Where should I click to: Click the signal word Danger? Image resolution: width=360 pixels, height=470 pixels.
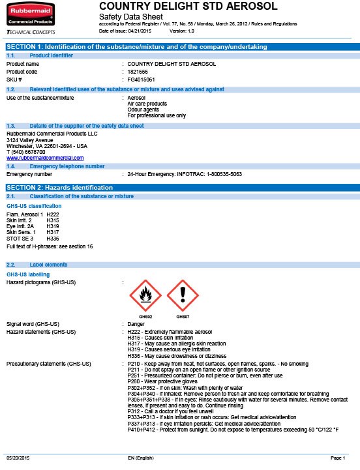pos(136,324)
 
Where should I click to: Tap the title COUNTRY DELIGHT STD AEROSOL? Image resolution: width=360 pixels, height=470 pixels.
pos(188,6)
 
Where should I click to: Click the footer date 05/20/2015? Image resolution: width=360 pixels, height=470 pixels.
pos(18,459)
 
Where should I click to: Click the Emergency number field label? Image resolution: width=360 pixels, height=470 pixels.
pos(29,175)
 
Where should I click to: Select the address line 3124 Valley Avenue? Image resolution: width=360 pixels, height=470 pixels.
pos(30,140)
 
